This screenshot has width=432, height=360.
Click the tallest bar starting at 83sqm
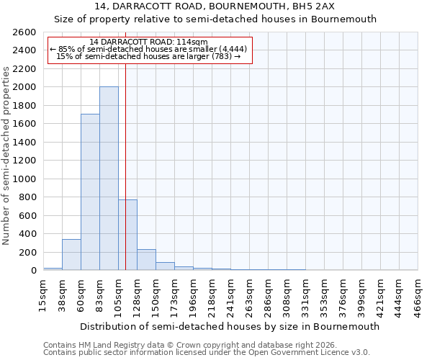pyautogui.click(x=109, y=179)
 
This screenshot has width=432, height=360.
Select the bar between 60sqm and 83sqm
pyautogui.click(x=90, y=192)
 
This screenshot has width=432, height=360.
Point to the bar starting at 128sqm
pyautogui.click(x=146, y=260)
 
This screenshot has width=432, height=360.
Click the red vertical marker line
pyautogui.click(x=125, y=158)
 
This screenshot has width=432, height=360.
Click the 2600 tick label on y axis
pyautogui.click(x=24, y=32)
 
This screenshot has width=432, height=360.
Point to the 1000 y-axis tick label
pyautogui.click(x=24, y=179)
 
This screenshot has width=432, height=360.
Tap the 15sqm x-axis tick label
pyautogui.click(x=43, y=296)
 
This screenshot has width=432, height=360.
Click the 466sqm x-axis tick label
pyautogui.click(x=418, y=296)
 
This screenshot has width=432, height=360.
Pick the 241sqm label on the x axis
pyautogui.click(x=230, y=296)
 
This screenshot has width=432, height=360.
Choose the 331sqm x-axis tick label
pyautogui.click(x=305, y=296)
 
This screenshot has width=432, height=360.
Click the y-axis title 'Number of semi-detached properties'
pyautogui.click(x=7, y=156)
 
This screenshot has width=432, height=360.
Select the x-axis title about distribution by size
pyautogui.click(x=230, y=326)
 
